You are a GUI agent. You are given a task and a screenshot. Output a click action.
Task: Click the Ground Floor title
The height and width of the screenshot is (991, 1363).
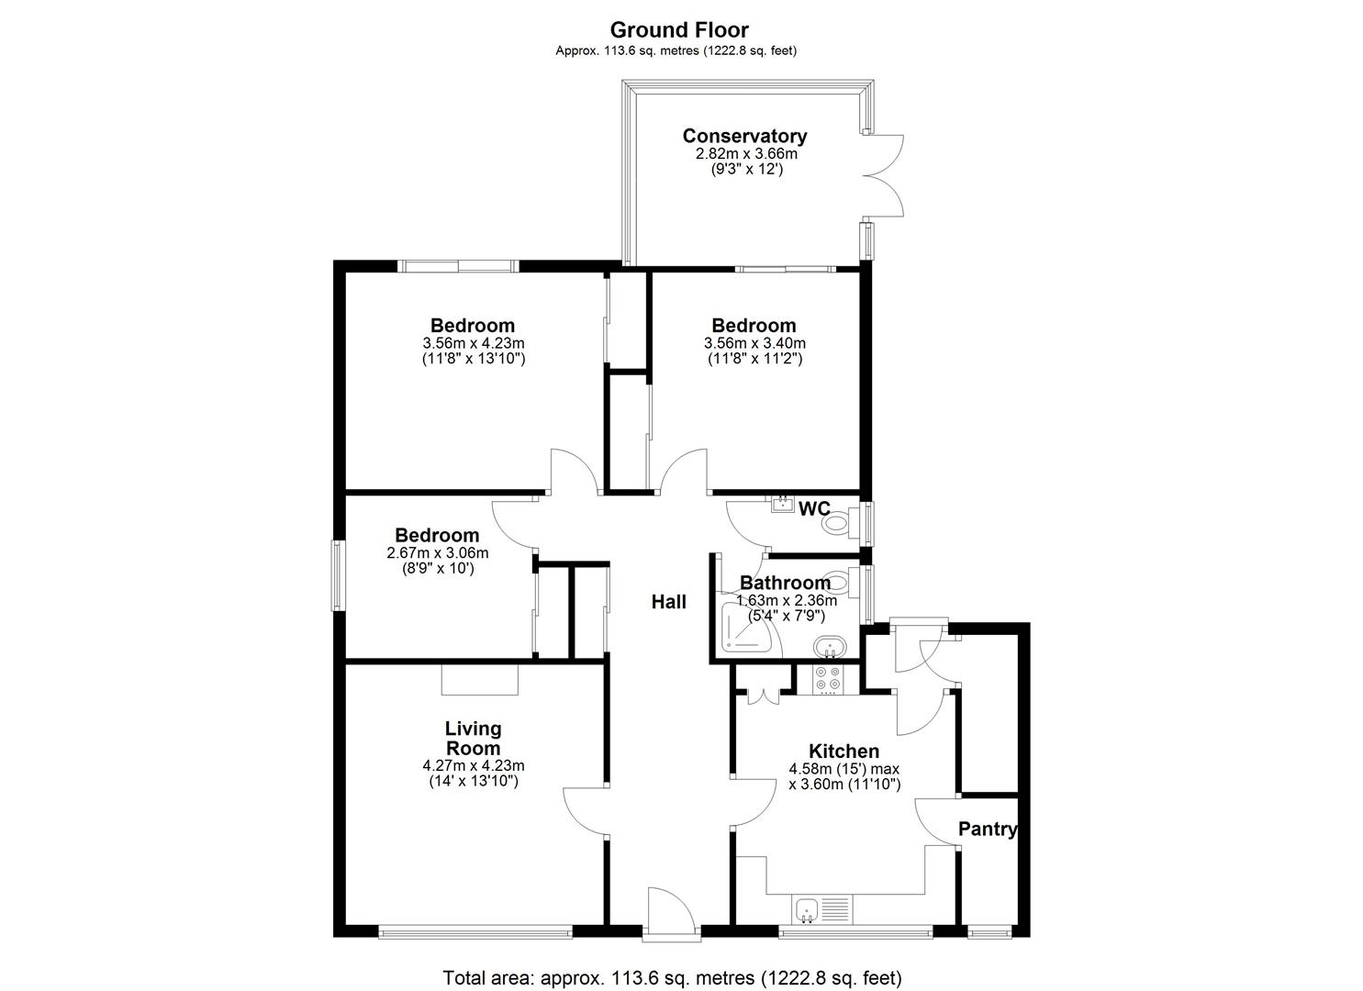(679, 30)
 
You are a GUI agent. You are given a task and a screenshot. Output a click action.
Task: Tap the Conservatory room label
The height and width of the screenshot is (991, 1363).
(744, 136)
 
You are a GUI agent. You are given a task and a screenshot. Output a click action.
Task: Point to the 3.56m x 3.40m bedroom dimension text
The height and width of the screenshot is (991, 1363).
(754, 343)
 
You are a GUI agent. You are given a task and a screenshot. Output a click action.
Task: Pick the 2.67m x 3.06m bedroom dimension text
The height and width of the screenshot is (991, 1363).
(437, 553)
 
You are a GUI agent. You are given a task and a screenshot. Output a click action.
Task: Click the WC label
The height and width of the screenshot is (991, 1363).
(814, 509)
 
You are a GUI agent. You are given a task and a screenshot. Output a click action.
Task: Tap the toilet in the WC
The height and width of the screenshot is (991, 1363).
(837, 525)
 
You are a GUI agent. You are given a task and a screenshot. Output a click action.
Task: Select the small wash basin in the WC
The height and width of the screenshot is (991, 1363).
(782, 504)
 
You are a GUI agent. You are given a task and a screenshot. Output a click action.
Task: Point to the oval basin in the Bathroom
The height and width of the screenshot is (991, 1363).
(830, 647)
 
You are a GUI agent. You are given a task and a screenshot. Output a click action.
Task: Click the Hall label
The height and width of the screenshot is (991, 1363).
(668, 602)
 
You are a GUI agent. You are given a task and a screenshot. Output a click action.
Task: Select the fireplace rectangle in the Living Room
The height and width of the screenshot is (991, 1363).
(479, 680)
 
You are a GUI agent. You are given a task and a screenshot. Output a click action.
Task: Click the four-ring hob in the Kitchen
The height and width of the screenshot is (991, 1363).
(828, 678)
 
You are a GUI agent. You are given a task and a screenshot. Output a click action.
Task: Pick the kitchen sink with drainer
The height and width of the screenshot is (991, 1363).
(823, 909)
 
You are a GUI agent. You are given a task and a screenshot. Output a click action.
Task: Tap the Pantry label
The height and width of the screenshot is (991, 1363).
(988, 830)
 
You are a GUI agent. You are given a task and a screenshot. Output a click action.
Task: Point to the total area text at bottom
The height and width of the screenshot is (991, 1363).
(672, 977)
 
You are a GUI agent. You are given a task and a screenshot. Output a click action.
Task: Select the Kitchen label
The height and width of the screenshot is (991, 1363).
(843, 752)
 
